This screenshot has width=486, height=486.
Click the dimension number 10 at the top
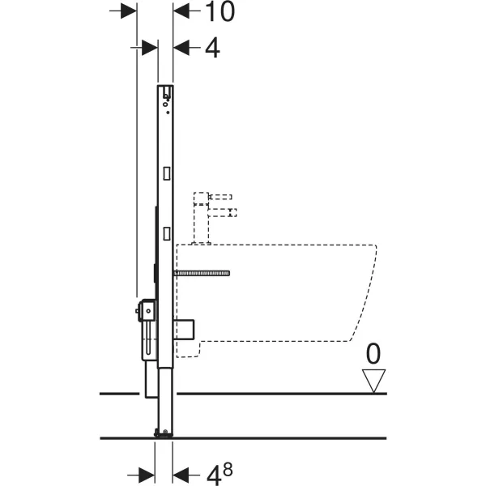[219, 11]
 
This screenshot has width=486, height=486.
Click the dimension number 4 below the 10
[211, 47]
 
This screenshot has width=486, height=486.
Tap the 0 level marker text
[373, 354]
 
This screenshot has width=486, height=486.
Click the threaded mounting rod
[202, 273]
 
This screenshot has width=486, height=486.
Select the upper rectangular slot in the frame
[167, 173]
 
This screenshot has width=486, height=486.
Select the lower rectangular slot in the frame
[167, 232]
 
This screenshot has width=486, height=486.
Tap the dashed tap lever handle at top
[220, 197]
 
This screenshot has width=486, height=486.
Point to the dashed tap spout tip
[233, 213]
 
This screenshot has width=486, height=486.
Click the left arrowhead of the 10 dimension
[130, 11]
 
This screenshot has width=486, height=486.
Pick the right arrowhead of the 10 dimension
[181, 11]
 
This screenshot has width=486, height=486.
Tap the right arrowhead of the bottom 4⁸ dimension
[181, 472]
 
